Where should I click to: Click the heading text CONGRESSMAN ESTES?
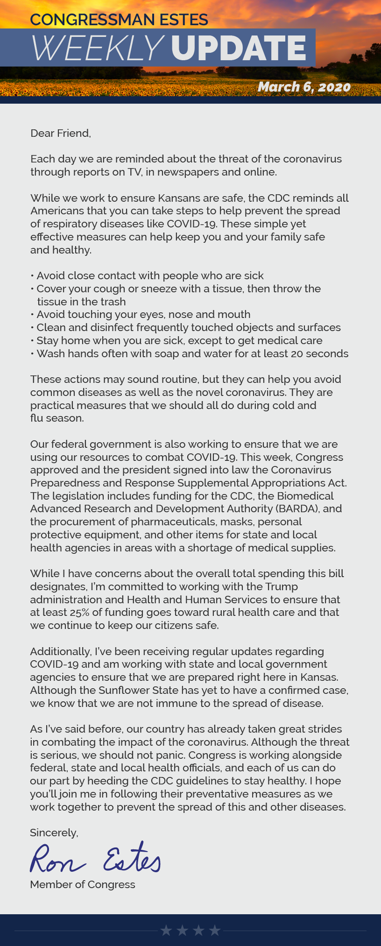(119, 20)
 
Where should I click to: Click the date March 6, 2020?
(304, 87)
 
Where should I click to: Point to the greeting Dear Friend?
(60, 133)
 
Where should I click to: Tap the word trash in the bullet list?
(112, 302)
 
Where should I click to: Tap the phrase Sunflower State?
(134, 690)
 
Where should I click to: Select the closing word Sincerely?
(54, 833)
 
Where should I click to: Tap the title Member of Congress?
(83, 884)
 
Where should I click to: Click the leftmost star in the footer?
(166, 931)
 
